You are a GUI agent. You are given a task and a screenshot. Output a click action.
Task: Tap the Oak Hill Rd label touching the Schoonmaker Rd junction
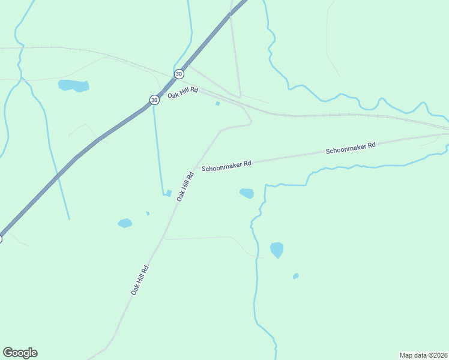(x=185, y=186)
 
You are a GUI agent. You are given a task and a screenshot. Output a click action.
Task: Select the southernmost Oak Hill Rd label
(x=140, y=280)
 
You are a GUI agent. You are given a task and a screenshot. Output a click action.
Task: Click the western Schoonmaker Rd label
(x=226, y=166)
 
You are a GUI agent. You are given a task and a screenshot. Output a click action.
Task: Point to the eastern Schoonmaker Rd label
(x=351, y=148)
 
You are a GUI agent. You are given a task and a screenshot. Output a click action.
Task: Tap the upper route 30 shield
(x=179, y=74)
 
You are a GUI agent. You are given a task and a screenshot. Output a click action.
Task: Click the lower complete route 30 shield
(x=154, y=100)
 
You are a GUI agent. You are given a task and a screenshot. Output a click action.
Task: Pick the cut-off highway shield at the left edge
(x=1, y=239)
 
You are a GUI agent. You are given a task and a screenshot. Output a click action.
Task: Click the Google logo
(x=20, y=353)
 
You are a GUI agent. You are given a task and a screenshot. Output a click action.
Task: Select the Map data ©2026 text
(x=423, y=355)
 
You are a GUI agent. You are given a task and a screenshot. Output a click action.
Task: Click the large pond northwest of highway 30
(x=74, y=85)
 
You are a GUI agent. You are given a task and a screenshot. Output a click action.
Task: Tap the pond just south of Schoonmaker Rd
(x=247, y=193)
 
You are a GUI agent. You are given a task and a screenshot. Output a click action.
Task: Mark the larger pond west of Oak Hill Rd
(x=125, y=223)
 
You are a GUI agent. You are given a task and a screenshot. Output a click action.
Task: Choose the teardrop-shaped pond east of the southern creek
(x=277, y=249)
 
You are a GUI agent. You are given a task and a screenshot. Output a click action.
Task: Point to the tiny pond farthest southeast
(x=295, y=276)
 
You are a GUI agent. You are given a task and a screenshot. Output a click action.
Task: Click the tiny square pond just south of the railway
(x=218, y=103)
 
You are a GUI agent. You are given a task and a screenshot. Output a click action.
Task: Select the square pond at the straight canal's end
(x=169, y=193)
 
